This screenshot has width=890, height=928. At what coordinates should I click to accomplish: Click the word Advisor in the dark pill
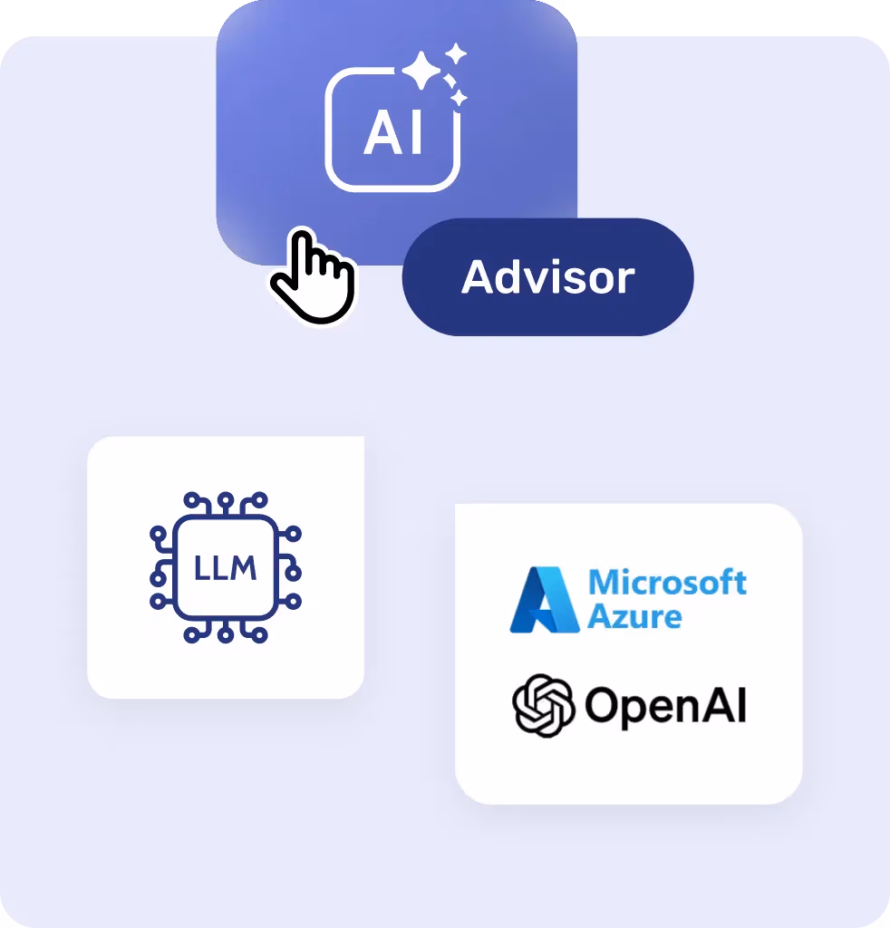click(547, 277)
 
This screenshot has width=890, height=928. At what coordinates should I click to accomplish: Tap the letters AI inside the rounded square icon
click(393, 133)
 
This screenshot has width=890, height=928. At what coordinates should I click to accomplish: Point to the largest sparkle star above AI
click(421, 71)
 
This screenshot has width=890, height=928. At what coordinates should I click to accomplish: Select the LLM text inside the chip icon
click(225, 569)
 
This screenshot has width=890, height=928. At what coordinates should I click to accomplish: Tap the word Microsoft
click(667, 582)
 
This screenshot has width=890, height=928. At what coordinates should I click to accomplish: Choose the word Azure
click(634, 617)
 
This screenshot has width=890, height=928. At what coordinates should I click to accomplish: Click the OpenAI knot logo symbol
click(544, 705)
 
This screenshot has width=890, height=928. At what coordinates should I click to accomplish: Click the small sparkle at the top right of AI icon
click(456, 53)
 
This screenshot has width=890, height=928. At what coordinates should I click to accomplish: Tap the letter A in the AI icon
click(381, 133)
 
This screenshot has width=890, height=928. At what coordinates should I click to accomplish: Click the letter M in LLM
click(243, 569)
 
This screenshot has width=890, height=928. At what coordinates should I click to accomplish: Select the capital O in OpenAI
click(602, 706)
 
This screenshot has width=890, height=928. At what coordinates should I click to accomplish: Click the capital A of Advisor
click(478, 277)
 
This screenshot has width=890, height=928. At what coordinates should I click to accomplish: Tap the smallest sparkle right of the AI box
click(460, 97)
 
